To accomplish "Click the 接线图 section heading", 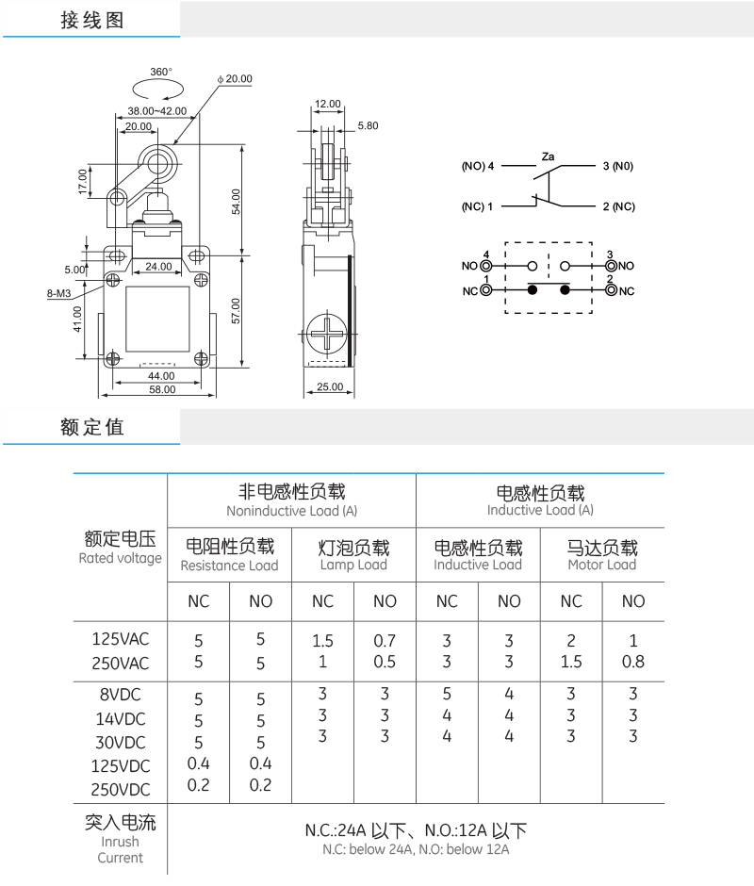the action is click(x=92, y=21).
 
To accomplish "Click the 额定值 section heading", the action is click(x=92, y=427).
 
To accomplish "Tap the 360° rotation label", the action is click(x=161, y=72).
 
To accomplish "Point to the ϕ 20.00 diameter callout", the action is click(x=235, y=78).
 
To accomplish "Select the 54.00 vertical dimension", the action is click(x=236, y=202).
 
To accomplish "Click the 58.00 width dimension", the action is click(x=162, y=389).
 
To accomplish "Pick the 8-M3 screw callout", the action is click(x=58, y=293).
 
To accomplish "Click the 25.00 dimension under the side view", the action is click(x=330, y=386).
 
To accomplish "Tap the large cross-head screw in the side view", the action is click(x=327, y=333).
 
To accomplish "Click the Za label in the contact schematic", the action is click(x=548, y=156).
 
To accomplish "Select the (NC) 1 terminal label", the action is click(x=477, y=206).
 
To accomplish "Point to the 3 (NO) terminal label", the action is click(x=617, y=166).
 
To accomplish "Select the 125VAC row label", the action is click(x=121, y=639).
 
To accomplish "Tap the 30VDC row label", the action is click(x=121, y=743).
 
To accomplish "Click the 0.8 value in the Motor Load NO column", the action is click(x=633, y=662).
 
